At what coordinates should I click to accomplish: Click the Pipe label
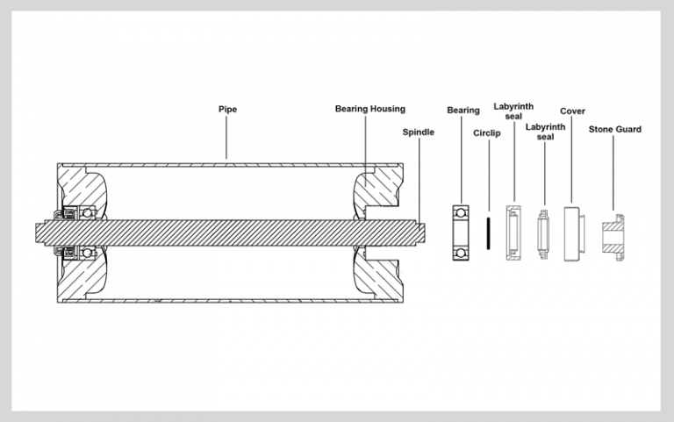(227, 109)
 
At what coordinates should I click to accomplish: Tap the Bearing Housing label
(370, 109)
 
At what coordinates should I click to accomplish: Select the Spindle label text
(419, 132)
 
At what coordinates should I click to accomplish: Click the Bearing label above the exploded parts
(463, 111)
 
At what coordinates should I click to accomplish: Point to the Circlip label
(486, 133)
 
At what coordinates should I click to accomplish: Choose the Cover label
(572, 111)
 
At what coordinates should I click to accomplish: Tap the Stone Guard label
(614, 129)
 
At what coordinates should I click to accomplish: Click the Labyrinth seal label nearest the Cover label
(545, 132)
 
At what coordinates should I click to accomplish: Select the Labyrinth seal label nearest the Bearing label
(513, 111)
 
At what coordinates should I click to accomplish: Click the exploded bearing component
(461, 232)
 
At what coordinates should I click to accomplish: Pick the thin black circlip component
(488, 232)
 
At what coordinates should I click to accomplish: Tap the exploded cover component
(574, 233)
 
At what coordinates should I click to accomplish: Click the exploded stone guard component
(613, 237)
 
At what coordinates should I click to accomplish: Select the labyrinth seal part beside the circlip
(513, 232)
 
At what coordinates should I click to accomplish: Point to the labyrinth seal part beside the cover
(543, 234)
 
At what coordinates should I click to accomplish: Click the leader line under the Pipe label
(226, 137)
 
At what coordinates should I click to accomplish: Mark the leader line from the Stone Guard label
(613, 173)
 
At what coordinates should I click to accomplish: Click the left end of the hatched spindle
(36, 232)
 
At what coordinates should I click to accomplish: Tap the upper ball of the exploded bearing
(461, 212)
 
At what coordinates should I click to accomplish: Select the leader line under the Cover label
(571, 160)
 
